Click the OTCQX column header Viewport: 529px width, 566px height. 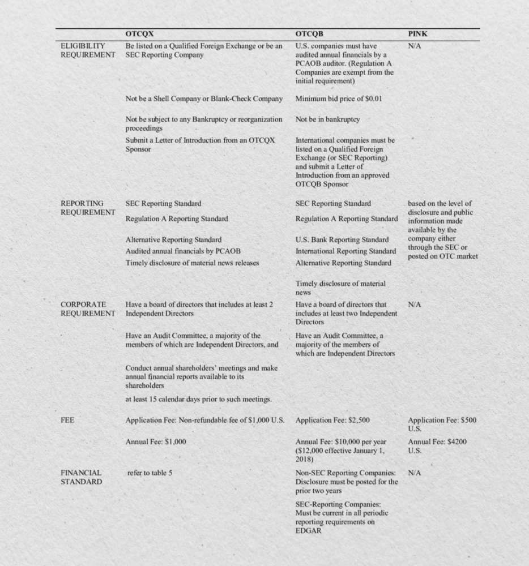139,34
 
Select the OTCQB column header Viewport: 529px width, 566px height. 309,34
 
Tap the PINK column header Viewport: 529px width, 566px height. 417,34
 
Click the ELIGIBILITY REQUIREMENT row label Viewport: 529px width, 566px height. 87,50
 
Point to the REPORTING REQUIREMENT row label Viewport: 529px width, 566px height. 87,208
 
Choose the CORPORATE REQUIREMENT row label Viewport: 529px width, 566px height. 87,308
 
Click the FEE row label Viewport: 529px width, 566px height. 67,421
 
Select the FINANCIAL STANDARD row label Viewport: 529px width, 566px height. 82,477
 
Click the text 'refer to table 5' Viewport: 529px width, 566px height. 150,473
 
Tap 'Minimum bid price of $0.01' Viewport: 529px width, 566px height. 338,98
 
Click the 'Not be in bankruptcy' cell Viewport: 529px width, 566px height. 327,119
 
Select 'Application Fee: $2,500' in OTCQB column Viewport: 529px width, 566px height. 332,421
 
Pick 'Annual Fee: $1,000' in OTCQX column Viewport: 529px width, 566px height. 156,441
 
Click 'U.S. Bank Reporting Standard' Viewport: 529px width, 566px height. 342,239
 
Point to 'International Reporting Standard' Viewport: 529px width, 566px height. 345,251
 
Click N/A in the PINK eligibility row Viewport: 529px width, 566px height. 415,45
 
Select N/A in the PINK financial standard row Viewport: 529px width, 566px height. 415,473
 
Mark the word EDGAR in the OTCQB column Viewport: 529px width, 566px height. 308,531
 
